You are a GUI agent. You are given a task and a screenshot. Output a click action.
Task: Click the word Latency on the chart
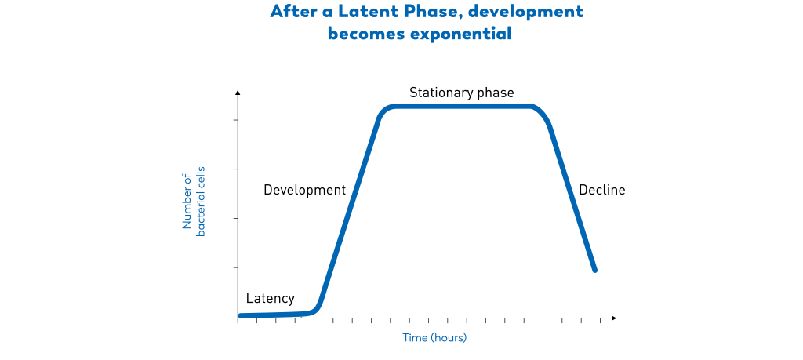270,299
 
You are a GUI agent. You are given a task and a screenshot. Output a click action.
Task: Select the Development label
304,190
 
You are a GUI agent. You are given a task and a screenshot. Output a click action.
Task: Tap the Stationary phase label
461,93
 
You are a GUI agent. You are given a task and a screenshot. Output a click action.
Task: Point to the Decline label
601,190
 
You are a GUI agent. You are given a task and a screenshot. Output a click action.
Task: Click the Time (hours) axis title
434,338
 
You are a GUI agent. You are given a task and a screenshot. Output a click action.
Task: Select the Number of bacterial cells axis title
193,202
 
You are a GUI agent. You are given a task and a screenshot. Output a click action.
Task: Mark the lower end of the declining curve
595,270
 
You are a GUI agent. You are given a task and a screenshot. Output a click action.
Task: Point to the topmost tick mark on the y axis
235,120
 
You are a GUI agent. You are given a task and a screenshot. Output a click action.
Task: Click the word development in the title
534,12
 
